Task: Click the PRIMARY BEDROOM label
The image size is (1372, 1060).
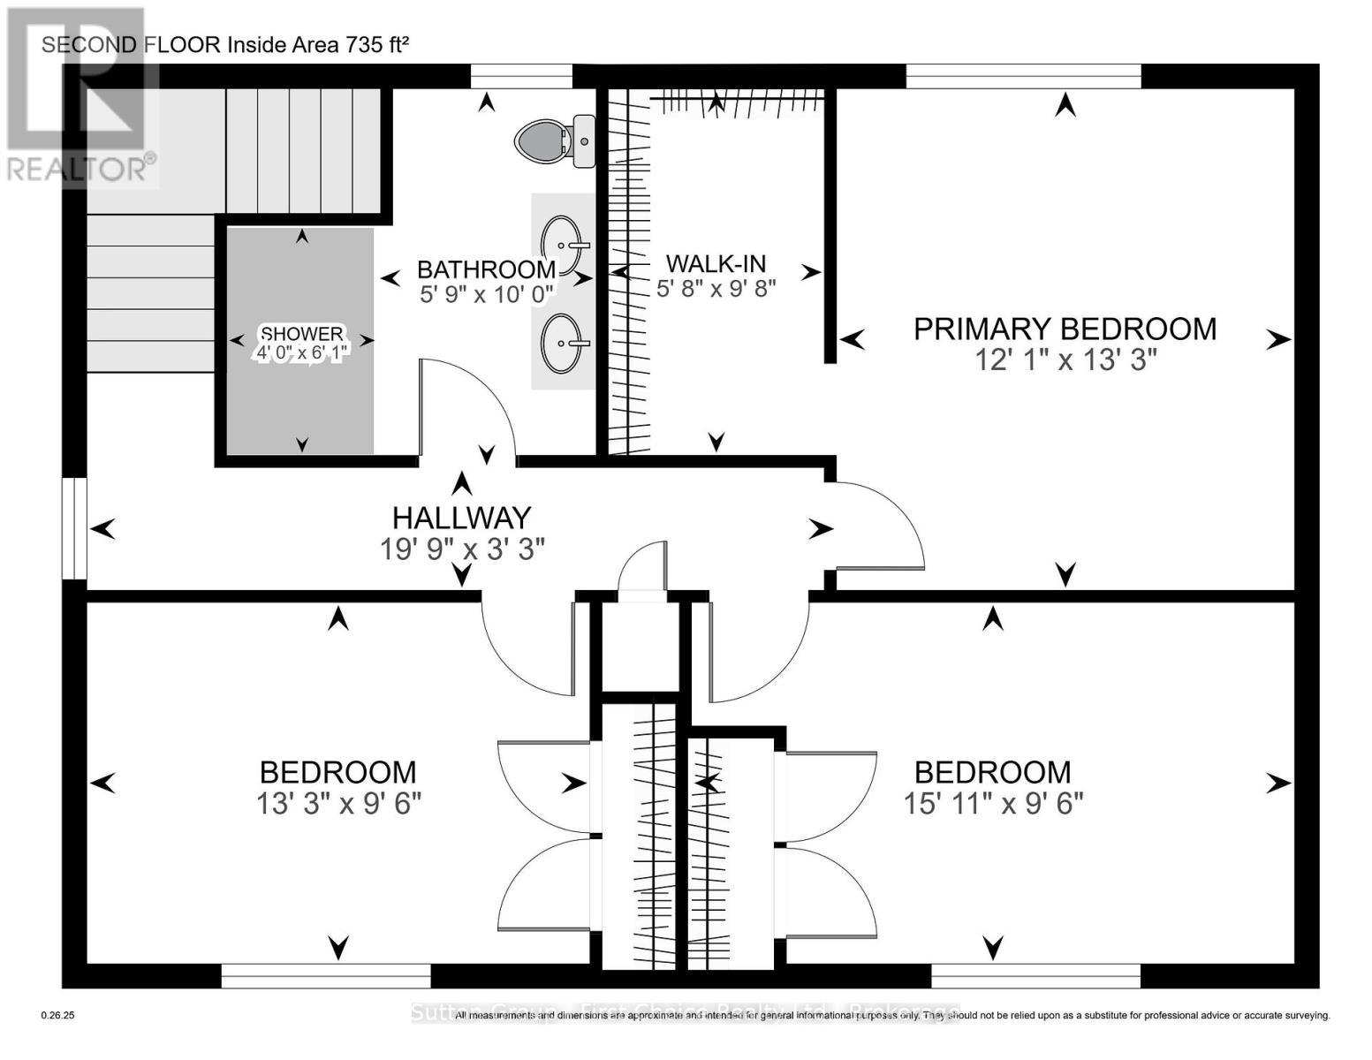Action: click(x=1065, y=329)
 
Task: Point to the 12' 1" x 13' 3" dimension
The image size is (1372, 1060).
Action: click(x=1065, y=360)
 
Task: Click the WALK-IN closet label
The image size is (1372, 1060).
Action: click(x=716, y=262)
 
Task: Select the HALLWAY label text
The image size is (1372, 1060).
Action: click(x=461, y=517)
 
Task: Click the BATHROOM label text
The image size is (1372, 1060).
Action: click(x=486, y=269)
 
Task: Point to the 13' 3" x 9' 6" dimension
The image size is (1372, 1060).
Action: click(x=338, y=804)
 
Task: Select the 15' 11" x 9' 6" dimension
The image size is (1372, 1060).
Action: click(x=993, y=804)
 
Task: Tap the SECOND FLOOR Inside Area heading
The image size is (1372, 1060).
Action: click(x=225, y=45)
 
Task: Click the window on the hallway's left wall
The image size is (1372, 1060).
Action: click(x=74, y=528)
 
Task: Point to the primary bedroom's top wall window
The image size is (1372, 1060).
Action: click(x=1023, y=77)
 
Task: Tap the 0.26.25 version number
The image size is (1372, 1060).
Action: click(x=58, y=1016)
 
